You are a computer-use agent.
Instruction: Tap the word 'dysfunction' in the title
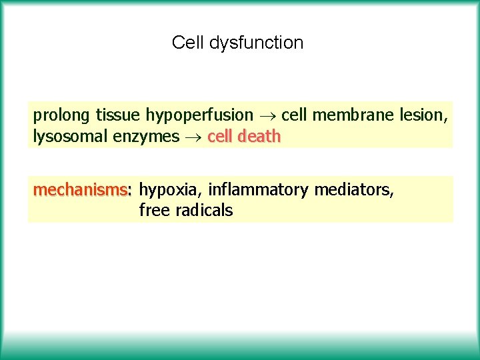pyautogui.click(x=256, y=43)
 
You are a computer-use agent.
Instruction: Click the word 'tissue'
pyautogui.click(x=117, y=115)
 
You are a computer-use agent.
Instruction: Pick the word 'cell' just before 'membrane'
pyautogui.click(x=294, y=115)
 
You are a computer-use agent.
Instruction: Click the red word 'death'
pyautogui.click(x=259, y=137)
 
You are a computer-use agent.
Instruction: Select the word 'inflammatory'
pyautogui.click(x=258, y=191)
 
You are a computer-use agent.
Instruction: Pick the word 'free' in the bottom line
pyautogui.click(x=154, y=211)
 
